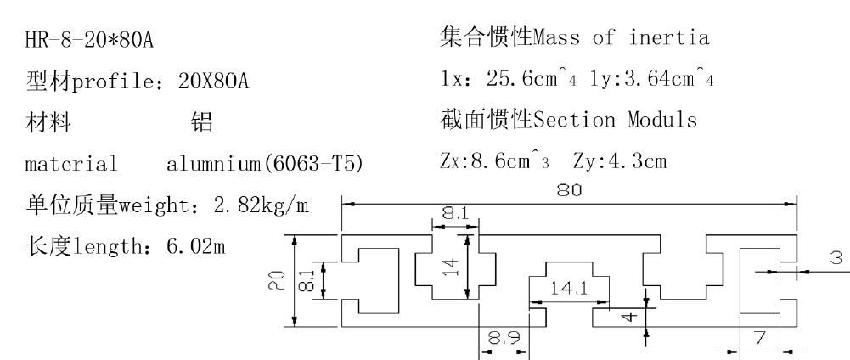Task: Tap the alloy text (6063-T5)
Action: (318, 163)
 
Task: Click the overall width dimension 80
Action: (568, 192)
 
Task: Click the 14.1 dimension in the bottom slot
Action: (569, 288)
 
